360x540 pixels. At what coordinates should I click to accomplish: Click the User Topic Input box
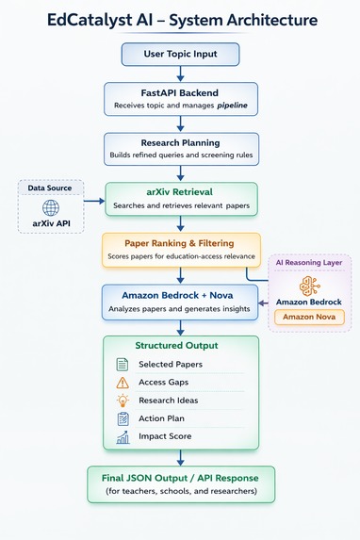(180, 54)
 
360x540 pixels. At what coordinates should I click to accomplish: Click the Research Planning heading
(180, 142)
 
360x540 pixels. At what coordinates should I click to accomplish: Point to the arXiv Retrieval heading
(179, 191)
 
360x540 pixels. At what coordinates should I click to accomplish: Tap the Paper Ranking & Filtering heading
(179, 241)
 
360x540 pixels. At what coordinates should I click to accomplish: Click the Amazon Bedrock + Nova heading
(179, 295)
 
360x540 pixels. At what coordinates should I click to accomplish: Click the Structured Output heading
(179, 345)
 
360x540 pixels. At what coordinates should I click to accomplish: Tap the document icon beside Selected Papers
(123, 365)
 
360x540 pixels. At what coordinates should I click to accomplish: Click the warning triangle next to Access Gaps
(123, 383)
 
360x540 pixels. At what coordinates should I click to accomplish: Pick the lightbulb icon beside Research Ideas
(123, 401)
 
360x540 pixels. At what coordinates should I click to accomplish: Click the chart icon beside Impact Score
(123, 437)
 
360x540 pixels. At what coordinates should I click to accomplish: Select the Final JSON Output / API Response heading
(180, 477)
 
